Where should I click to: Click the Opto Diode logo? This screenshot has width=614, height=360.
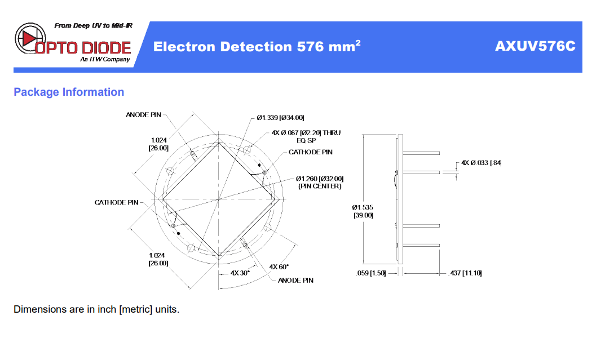coord(73,42)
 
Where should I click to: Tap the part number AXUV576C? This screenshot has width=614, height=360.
coord(535,46)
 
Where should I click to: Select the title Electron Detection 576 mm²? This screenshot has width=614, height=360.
coord(257,46)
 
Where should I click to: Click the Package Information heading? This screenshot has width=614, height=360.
coord(69,92)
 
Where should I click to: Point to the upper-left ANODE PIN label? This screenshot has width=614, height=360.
coord(143,115)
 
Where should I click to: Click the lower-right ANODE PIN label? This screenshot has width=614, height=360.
coord(295,280)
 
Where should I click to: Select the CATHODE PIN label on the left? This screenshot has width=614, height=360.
coord(116,202)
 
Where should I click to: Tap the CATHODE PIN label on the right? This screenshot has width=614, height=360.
coord(311,152)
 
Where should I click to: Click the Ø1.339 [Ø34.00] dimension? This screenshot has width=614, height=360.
coord(280,117)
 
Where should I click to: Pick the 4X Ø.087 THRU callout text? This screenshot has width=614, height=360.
coord(306,136)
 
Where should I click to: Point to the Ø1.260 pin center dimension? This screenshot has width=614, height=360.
coord(320,183)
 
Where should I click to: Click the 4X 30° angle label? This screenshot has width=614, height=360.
coord(240,273)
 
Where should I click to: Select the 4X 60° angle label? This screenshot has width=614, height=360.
coord(279,267)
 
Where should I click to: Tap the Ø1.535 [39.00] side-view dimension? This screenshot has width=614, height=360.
coord(363,211)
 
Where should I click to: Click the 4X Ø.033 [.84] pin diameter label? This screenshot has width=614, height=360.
coord(482,162)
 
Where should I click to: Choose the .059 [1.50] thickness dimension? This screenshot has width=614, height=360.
coord(371,273)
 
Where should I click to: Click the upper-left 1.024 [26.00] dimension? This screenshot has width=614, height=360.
coord(158,144)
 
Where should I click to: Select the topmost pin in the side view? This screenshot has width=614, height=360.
coord(421,153)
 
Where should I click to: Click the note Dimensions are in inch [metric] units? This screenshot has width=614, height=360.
coord(96,309)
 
